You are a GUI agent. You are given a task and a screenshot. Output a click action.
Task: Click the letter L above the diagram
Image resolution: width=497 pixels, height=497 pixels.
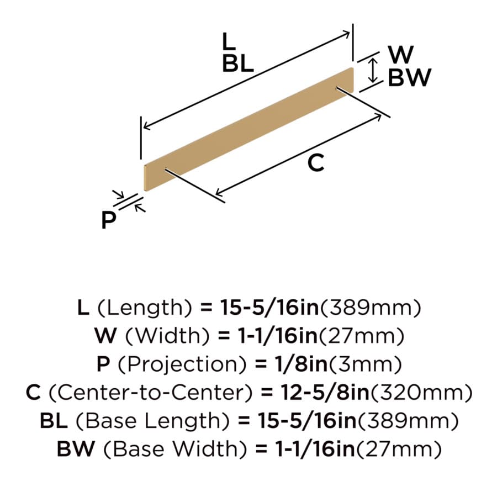pos(229,41)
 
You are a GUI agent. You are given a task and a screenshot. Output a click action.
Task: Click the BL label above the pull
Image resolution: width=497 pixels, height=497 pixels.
pos(237,63)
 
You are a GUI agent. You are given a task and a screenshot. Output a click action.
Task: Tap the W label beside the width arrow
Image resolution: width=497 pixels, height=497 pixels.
pos(401,54)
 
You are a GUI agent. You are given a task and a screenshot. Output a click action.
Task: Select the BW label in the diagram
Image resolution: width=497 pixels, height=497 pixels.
pos(410,77)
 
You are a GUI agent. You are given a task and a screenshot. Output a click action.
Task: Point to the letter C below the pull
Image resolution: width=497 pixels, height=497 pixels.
pos(316,162)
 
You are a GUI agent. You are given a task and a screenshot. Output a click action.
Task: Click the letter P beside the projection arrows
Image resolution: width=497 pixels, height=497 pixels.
pos(109,219)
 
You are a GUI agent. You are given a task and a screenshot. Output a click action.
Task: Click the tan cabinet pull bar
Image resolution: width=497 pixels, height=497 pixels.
pos(249,129)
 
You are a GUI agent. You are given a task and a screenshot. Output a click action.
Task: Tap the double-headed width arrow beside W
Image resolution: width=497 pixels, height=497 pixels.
pos(373,70)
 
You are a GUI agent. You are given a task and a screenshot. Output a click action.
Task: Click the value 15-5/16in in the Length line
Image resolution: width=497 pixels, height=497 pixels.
pos(269,308)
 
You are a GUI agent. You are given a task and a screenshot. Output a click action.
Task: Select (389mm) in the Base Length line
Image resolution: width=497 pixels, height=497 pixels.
pos(408,421)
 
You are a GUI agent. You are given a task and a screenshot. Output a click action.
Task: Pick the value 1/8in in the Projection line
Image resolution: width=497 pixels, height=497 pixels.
pos(301,364)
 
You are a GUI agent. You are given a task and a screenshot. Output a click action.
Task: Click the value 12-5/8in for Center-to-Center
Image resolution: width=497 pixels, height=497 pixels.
pos(325,392)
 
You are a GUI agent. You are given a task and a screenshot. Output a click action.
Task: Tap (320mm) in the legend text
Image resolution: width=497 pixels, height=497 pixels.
pos(422,393)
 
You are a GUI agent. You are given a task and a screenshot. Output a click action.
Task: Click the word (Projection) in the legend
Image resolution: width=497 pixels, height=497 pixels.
pos(182,364)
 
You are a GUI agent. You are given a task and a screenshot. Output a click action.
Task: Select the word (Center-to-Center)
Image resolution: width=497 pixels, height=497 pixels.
pos(151,393)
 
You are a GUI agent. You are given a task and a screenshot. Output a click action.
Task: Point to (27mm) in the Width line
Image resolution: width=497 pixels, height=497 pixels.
pos(362,336)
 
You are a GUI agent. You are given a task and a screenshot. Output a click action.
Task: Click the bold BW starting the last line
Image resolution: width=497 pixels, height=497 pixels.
pos(76,449)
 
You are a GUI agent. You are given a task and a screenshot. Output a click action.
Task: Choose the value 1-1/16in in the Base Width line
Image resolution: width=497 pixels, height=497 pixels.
pos(315,449)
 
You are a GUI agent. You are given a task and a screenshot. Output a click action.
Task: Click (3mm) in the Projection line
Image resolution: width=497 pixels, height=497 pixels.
pos(366,364)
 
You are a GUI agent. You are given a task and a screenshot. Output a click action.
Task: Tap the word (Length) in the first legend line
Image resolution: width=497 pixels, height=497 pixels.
pos(145,308)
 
